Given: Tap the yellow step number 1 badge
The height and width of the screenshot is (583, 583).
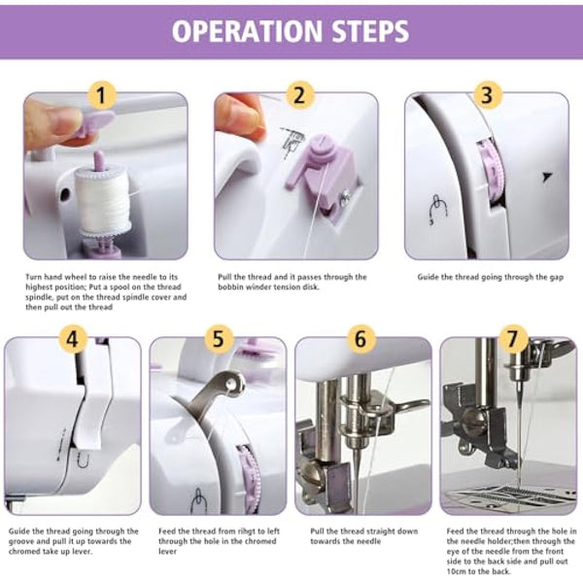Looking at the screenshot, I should pos(104,95).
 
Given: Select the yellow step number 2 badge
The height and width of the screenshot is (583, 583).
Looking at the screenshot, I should pos(300,95).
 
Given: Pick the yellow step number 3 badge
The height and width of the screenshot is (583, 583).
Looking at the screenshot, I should pos(487,95).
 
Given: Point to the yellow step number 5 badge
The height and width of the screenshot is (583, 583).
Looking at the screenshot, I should pos(218,339).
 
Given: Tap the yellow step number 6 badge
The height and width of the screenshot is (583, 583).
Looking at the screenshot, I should pos(361,339).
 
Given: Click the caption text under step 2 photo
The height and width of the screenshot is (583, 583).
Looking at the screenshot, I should pos(291,282).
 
